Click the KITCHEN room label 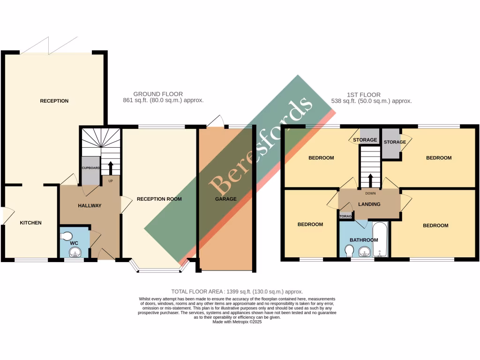30,223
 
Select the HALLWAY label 90,205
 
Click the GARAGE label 226,199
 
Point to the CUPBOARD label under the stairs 90,167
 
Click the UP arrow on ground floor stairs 111,168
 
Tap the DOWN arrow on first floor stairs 370,180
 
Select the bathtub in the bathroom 380,240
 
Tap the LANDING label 369,204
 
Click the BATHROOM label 364,240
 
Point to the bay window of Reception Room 159,270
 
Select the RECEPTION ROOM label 159,199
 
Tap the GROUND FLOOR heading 158,94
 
